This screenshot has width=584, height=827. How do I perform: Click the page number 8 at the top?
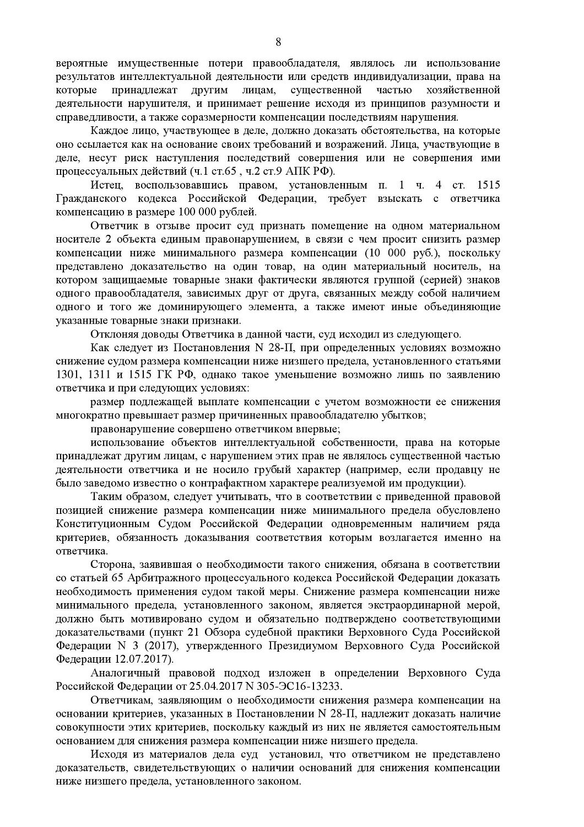click(x=278, y=42)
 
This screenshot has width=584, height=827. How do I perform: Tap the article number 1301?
click(x=68, y=375)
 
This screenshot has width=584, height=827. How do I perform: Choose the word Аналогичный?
click(x=123, y=673)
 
